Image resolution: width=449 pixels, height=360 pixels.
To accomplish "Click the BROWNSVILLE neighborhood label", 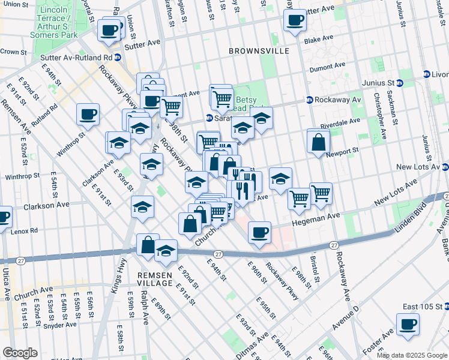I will coord(259,51).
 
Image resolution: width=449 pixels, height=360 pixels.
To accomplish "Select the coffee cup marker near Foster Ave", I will coord(408,325).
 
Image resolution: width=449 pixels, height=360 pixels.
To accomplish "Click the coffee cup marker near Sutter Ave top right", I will coord(294,20).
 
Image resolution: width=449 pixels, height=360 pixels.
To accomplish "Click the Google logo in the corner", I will coord(20,352).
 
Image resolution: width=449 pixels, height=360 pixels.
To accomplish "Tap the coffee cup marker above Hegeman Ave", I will coord(259,232).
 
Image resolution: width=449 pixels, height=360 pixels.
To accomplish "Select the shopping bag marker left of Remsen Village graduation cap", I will coord(148,244).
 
